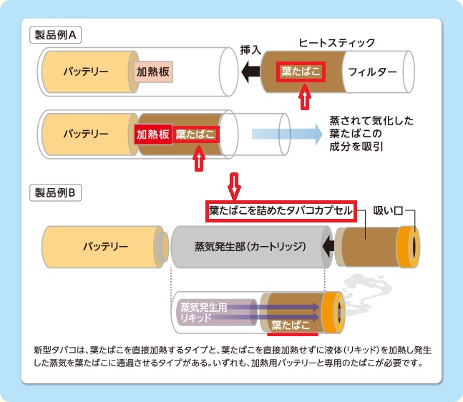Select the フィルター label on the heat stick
tap(371, 72)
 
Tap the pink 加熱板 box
tap(152, 72)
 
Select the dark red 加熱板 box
tap(152, 134)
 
